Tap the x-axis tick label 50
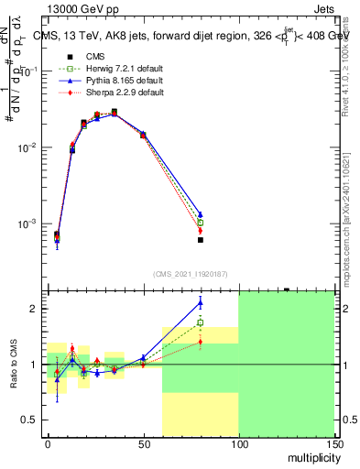[x=143, y=444]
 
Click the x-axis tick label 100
[x=238, y=444]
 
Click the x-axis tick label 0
[x=48, y=444]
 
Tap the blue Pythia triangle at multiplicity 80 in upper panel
[x=200, y=214]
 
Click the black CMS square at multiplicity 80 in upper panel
[x=200, y=240]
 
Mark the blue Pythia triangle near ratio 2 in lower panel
[x=200, y=302]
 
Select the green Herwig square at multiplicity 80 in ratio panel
[x=200, y=322]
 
